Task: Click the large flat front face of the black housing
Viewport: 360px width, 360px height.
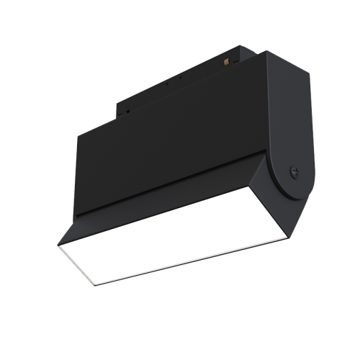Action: [x=173, y=151]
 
